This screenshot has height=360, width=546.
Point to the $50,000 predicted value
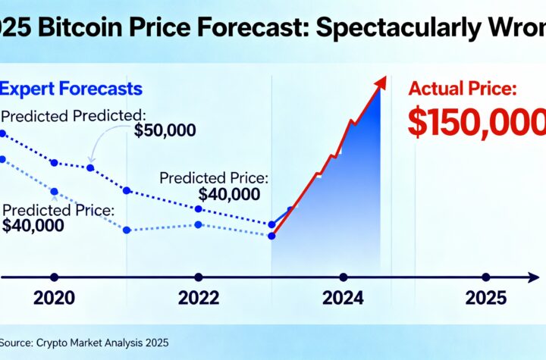(165, 130)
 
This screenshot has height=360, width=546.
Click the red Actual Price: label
(463, 89)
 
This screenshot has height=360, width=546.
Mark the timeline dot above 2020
(54, 277)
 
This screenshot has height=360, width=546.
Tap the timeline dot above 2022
(199, 277)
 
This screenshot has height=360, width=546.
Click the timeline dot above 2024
(344, 277)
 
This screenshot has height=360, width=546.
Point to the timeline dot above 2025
(486, 277)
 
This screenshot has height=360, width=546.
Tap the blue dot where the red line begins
(271, 236)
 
